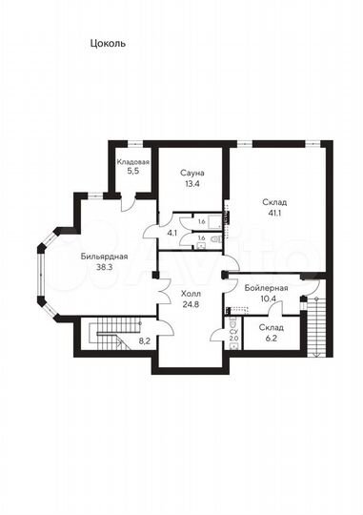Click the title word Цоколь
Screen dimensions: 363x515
pos(108,44)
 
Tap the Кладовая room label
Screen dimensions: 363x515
pos(133,162)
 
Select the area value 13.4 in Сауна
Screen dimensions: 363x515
pos(192,184)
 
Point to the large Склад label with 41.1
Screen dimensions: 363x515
pos(274,202)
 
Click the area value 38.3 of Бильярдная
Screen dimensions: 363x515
pos(105,267)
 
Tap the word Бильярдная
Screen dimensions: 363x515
pos(105,257)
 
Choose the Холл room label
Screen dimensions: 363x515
pos(191,294)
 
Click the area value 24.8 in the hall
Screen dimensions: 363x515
pos(191,304)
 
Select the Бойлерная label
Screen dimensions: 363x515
pos(266,288)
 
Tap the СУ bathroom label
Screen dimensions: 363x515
pos(233,333)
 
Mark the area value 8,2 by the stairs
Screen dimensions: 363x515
pos(144,341)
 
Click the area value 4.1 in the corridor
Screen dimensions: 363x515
pos(172,234)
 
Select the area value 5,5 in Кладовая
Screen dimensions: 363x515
pos(134,171)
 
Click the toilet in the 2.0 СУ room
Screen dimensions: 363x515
pos(233,321)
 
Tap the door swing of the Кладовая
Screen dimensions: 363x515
pos(128,205)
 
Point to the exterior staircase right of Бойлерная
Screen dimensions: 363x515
pos(316,326)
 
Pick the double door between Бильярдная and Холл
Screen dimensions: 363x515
pos(165,292)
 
